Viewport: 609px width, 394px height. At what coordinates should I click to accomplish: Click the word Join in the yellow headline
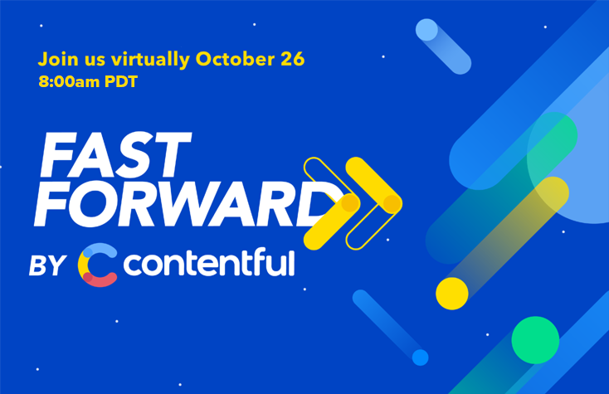56,60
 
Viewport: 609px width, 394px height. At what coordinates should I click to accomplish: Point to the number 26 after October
293,60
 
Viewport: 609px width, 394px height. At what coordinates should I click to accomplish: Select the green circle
534,338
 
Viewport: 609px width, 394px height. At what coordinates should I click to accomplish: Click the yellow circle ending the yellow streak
452,293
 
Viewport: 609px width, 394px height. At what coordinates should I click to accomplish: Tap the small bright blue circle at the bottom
421,357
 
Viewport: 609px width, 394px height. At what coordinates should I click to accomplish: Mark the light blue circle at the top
426,30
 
